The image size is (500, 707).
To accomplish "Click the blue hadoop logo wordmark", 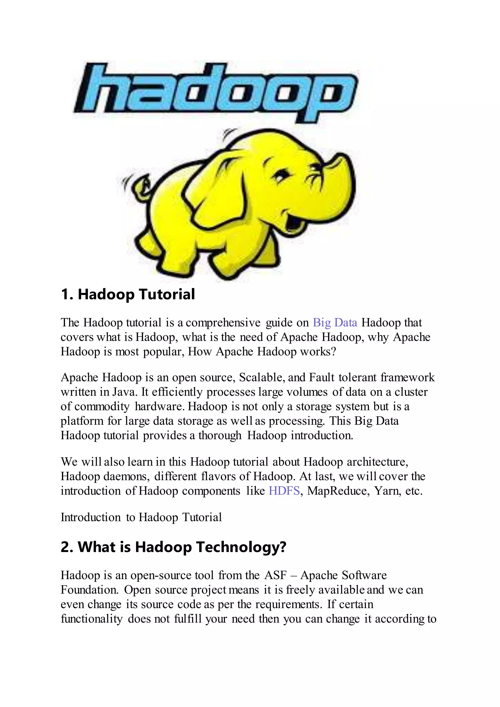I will tap(216, 91).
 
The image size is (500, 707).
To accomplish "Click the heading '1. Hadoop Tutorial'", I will tap(128, 294).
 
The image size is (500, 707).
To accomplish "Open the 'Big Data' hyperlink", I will tap(335, 322).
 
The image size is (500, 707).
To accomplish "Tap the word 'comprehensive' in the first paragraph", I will tap(223, 323).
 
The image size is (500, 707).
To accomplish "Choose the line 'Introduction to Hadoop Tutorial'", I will tap(141, 517).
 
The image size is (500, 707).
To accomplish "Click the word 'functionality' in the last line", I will tap(92, 619).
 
